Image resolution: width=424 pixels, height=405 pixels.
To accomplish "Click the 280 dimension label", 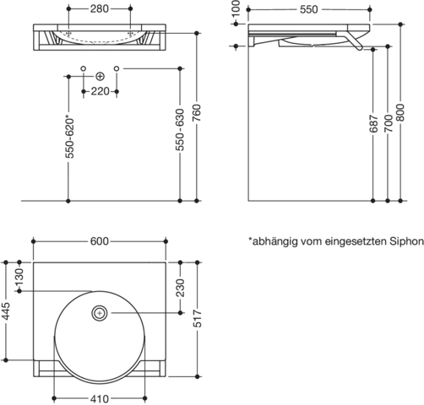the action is point(100,9).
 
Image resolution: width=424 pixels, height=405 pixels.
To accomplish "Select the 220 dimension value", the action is point(100,91).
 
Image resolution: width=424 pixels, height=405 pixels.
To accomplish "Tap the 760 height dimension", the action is point(197,113).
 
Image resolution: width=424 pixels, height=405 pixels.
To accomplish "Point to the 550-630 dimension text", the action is point(180,130).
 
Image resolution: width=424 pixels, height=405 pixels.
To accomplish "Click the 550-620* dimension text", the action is point(69,137).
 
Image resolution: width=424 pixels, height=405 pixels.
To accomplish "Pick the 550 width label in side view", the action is point(309,9).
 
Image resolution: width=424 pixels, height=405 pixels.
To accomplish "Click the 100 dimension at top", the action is point(236,8).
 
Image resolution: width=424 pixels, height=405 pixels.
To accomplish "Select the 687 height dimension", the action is point(373,123).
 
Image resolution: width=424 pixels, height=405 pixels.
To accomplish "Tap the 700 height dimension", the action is point(388,123).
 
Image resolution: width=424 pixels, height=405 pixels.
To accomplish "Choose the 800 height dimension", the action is point(400,113).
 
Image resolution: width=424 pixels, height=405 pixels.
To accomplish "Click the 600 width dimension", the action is point(100,241).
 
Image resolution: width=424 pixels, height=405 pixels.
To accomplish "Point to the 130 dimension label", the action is point(19,277).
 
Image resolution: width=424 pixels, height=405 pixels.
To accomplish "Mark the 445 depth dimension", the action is point(6,311).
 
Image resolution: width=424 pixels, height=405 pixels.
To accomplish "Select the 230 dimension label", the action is point(180,288).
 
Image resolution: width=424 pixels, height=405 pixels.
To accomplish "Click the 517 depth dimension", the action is point(198,319).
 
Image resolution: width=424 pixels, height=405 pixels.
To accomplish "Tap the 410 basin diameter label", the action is point(100,398).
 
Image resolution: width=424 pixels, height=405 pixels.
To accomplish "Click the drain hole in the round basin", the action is point(100,313).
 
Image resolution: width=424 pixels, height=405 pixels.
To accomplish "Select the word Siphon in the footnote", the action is point(406,241).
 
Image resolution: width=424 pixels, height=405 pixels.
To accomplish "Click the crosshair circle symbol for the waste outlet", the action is point(100,76).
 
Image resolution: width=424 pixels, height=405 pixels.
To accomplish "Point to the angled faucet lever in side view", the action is point(355,41).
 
